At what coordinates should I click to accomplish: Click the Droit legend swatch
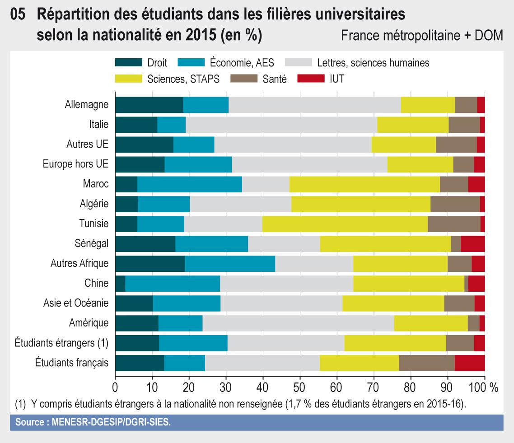[x=129, y=63]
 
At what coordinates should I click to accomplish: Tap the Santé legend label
[x=274, y=79]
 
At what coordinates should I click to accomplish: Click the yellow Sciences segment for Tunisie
[x=345, y=224]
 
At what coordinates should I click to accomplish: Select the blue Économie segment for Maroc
[x=190, y=184]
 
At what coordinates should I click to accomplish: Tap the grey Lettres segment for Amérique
[x=298, y=323]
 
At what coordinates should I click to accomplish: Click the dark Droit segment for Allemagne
[x=149, y=104]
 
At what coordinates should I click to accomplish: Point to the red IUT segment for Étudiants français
[x=470, y=363]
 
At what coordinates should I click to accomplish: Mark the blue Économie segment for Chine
[x=173, y=283]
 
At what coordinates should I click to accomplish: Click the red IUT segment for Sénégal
[x=472, y=243]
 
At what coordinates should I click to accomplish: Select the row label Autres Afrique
[x=79, y=263]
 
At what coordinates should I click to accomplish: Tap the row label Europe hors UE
[x=75, y=164]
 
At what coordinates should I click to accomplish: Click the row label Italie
[x=99, y=124]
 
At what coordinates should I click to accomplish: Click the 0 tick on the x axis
[x=115, y=387]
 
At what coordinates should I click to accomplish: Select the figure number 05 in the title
[x=18, y=15]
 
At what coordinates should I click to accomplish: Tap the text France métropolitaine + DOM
[x=422, y=35]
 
